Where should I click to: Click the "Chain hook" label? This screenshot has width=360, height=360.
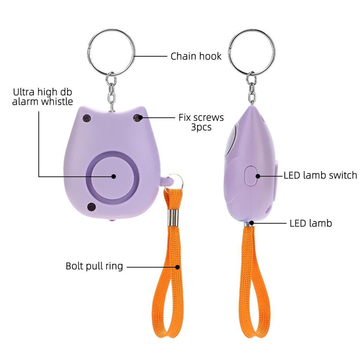click(x=196, y=56)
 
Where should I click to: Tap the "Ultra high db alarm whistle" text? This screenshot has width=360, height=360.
click(x=43, y=97)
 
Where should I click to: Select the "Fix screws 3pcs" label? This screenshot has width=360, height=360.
click(x=201, y=122)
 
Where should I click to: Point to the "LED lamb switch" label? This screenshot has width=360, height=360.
click(x=320, y=175)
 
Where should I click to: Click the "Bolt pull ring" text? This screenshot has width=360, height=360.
click(x=94, y=266)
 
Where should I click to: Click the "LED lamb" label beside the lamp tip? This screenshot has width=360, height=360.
click(x=311, y=223)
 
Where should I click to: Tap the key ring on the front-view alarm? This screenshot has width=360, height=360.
click(x=111, y=52)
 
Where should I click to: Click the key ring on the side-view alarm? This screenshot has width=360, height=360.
click(x=252, y=52)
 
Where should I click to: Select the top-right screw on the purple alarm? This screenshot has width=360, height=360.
click(x=137, y=118)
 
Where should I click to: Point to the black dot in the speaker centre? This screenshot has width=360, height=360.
click(x=114, y=176)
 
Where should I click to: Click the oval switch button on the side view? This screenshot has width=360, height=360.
click(x=251, y=175)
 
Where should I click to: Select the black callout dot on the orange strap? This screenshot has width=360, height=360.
click(x=178, y=267)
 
